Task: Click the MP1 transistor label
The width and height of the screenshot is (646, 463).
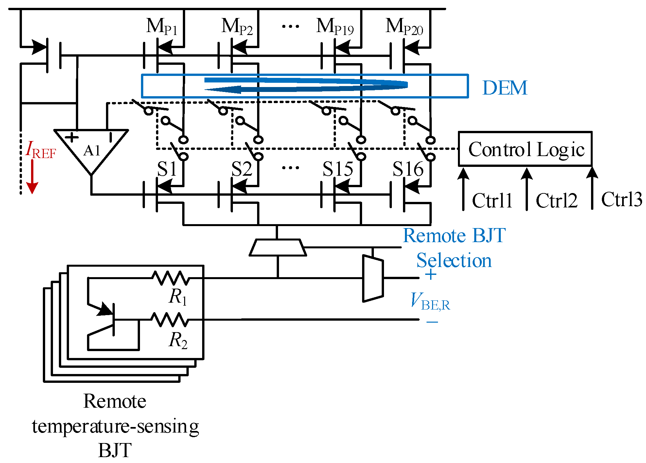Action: coord(162,27)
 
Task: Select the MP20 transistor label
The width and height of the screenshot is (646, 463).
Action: coord(404,27)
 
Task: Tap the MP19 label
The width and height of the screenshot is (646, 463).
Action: coord(335,27)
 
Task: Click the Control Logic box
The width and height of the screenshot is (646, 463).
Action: coord(525,149)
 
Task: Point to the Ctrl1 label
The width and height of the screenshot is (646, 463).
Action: coord(492,200)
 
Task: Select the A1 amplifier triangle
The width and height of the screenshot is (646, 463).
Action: coord(91,149)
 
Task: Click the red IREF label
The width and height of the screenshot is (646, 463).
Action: coord(41,151)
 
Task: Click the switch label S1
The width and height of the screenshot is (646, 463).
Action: coord(167,169)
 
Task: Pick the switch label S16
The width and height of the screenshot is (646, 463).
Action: coord(408,169)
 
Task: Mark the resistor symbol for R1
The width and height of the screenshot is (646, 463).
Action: coord(170,278)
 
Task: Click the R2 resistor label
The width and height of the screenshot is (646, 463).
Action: coord(178,340)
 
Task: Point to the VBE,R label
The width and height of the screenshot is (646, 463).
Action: coord(430,301)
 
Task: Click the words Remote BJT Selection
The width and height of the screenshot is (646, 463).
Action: coord(454,248)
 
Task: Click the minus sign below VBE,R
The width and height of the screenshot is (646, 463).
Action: coord(432,322)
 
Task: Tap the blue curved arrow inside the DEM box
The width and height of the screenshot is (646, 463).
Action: coord(306,85)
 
